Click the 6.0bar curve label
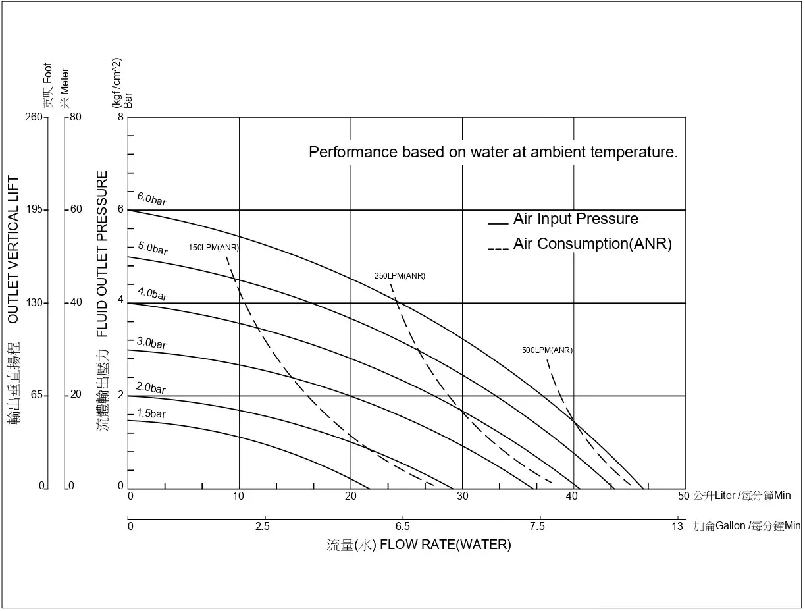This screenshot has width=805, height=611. [x=151, y=199]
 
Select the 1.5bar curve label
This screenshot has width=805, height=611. [x=151, y=414]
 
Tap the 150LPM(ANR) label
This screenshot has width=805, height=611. [x=213, y=248]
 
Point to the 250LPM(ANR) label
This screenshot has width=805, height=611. [x=400, y=276]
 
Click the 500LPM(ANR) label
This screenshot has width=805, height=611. [x=547, y=350]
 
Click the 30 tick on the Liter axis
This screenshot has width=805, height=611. [x=463, y=496]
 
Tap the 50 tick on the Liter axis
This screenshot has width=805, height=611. [x=683, y=496]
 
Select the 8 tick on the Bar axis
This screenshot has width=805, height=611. [x=120, y=117]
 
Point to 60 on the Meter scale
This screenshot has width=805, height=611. [x=76, y=209]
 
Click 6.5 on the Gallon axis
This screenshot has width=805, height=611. [x=403, y=526]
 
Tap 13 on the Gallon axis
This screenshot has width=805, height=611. [x=677, y=526]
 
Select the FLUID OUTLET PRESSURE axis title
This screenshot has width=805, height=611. [x=103, y=253]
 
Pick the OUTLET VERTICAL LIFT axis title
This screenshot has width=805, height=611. [x=13, y=250]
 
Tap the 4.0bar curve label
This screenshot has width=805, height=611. [x=152, y=294]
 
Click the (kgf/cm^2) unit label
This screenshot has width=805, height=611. [x=116, y=82]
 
